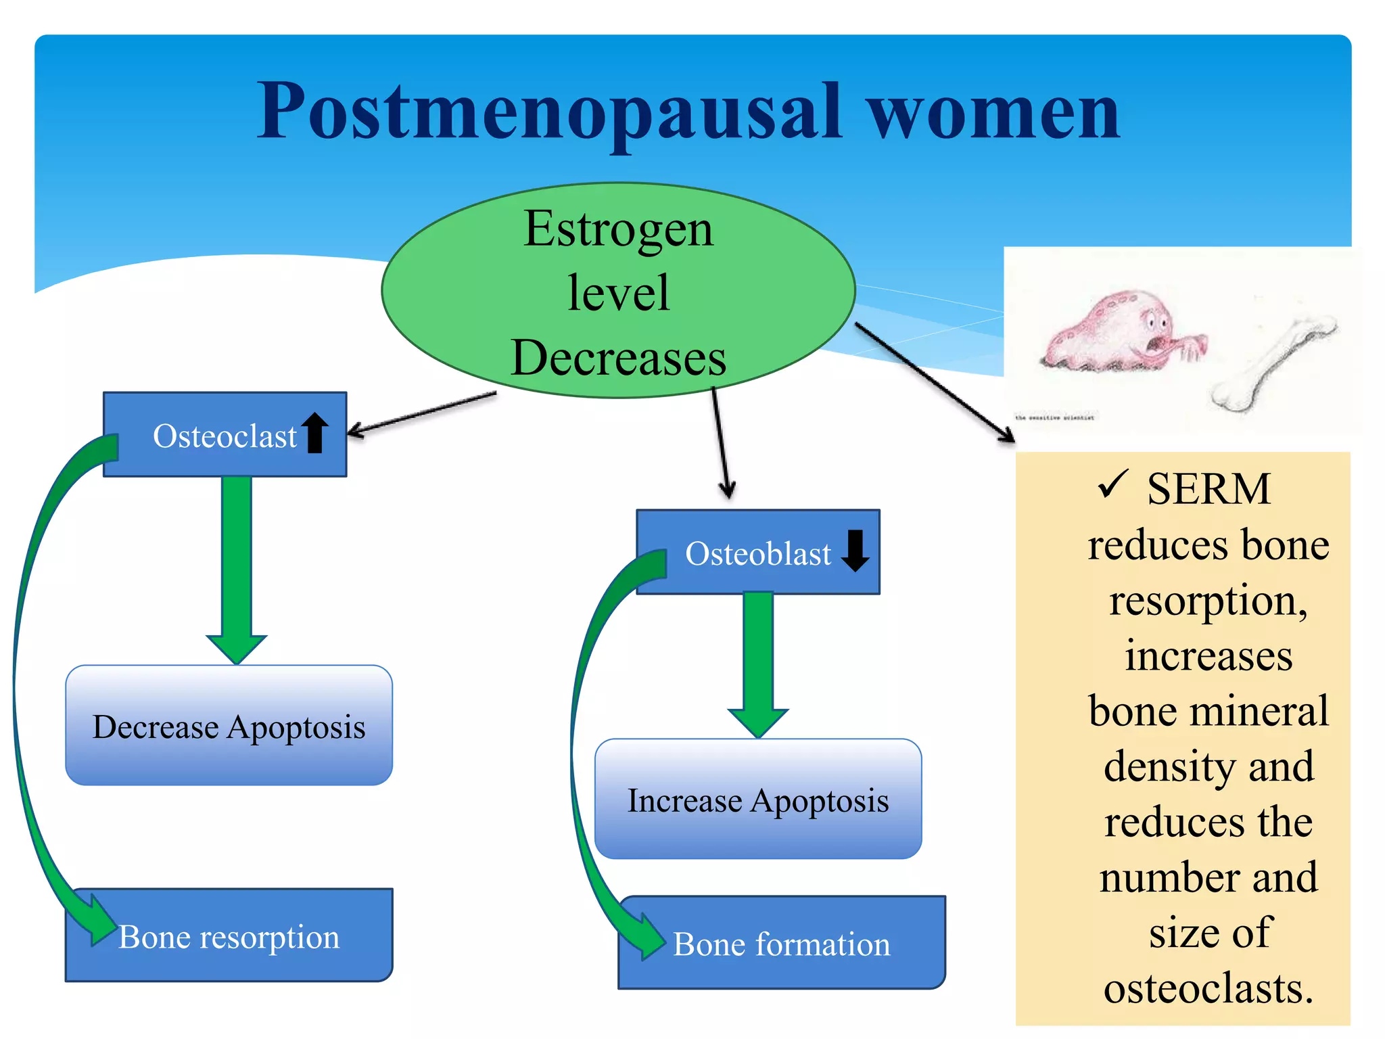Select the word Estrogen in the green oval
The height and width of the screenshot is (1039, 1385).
[x=618, y=229]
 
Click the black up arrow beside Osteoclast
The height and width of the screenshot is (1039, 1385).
[x=315, y=432]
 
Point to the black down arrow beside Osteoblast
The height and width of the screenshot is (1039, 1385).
[x=855, y=550]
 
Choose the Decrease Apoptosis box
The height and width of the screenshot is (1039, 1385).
[x=229, y=726]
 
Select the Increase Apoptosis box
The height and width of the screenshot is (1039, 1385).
[x=758, y=800]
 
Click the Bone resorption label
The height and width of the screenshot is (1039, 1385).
[x=229, y=937]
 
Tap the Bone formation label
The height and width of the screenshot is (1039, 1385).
[x=782, y=944]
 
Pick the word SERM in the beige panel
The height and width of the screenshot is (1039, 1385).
[x=1208, y=488]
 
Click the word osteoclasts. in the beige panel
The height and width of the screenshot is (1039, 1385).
[x=1208, y=988]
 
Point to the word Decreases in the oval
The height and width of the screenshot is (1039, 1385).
[x=618, y=358]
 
